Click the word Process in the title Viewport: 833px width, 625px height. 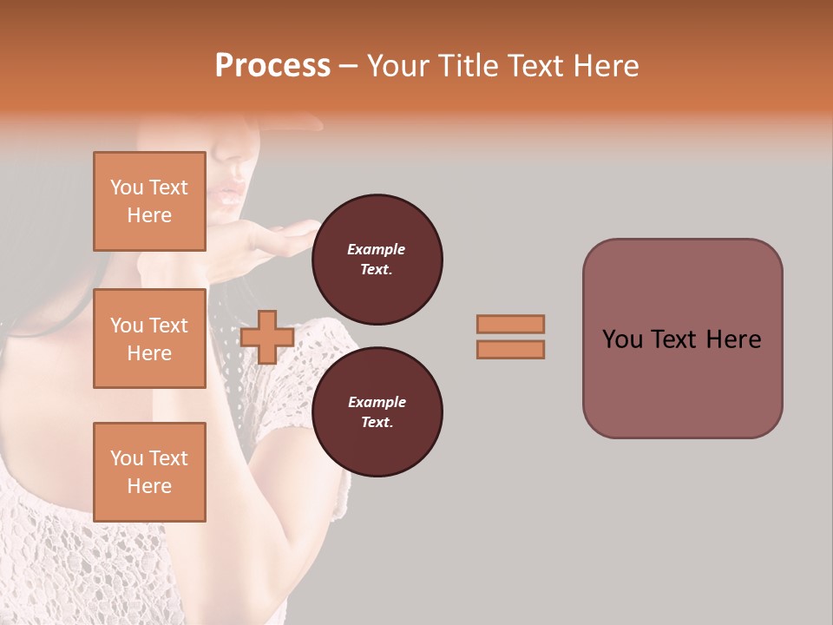pos(272,66)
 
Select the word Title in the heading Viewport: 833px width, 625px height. pos(467,66)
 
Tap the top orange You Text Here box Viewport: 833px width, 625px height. pos(149,201)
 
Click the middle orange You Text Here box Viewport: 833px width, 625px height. pos(149,339)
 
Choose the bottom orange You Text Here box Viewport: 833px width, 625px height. pos(149,471)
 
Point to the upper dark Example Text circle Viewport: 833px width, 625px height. pos(377,259)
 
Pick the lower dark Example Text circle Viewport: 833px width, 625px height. pos(377,411)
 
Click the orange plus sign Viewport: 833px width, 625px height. pos(267,338)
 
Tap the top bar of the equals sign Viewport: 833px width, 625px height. pos(510,324)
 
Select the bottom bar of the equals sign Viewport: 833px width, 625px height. pos(510,350)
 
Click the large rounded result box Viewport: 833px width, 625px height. pos(682,339)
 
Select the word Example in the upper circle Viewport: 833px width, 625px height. pos(377,249)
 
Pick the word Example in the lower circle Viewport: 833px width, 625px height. pos(377,402)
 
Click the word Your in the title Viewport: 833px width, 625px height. pos(397,66)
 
